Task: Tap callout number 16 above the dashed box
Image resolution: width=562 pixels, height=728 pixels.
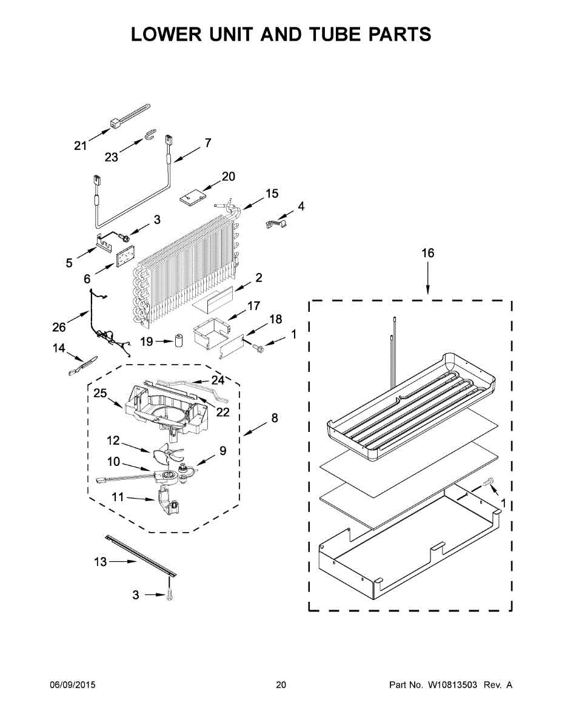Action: coord(428,253)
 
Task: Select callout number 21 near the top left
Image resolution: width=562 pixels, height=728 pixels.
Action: coord(81,146)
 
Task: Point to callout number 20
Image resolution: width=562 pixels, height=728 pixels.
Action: coord(228,177)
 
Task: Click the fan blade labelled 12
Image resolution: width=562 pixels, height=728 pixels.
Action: coord(169,453)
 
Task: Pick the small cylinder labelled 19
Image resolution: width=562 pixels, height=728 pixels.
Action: coord(179,342)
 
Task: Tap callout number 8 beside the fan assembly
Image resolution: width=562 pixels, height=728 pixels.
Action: coord(275,418)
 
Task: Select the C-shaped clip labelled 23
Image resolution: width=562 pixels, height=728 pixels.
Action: coord(150,135)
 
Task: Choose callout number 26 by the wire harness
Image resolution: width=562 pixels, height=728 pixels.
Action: coord(59,327)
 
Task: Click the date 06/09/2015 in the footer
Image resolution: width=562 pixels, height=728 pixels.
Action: coord(72,685)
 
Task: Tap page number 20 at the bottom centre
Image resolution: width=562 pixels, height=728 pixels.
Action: coord(281,685)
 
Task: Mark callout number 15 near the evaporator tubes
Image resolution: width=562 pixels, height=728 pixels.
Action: coord(272,194)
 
